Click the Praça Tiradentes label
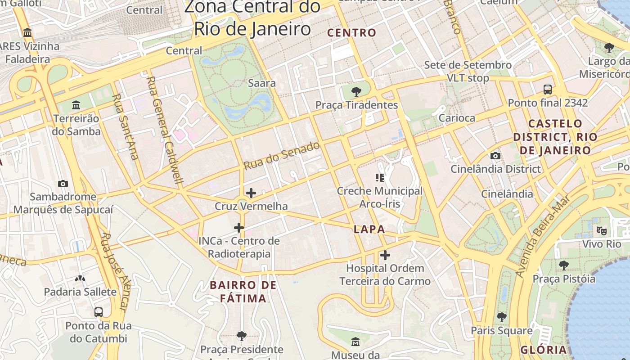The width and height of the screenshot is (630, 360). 356,105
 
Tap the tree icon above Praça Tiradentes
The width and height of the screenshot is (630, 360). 356,92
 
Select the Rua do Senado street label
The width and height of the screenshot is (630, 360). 282,156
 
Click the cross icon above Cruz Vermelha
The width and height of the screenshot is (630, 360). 251,193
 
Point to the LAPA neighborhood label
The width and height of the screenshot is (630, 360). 369,229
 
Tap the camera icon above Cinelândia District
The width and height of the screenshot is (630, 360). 495,156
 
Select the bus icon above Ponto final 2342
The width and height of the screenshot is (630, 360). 548,90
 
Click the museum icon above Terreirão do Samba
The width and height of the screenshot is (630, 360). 76,105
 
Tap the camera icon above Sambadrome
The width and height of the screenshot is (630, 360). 63,184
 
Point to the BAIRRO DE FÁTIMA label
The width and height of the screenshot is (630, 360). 243,292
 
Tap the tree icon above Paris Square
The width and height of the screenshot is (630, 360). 502,317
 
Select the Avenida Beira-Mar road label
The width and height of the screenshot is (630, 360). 543,236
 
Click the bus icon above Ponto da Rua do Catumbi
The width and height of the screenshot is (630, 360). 98,312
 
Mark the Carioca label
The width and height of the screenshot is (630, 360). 457,118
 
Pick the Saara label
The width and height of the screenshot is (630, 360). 262,83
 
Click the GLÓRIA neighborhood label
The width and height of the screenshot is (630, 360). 544,350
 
